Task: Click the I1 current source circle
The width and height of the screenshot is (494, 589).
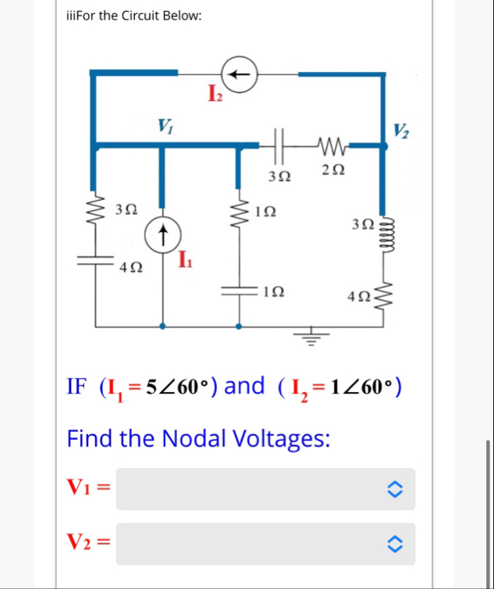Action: [x=162, y=230]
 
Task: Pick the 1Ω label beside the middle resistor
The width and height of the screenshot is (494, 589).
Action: [x=265, y=210]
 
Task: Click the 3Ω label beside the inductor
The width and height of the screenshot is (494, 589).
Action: [x=361, y=224]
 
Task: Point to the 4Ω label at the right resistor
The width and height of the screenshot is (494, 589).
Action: [x=360, y=297]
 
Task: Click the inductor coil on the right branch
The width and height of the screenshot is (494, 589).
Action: [x=383, y=235]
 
